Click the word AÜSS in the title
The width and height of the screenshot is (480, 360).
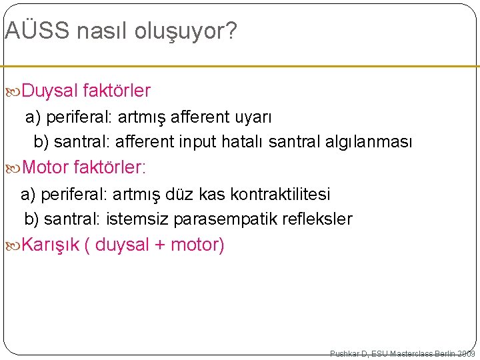coord(36,31)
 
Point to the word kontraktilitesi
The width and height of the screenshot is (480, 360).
coord(280,195)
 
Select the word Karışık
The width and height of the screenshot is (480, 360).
coord(51,245)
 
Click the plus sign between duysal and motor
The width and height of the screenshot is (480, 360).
coord(160,245)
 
